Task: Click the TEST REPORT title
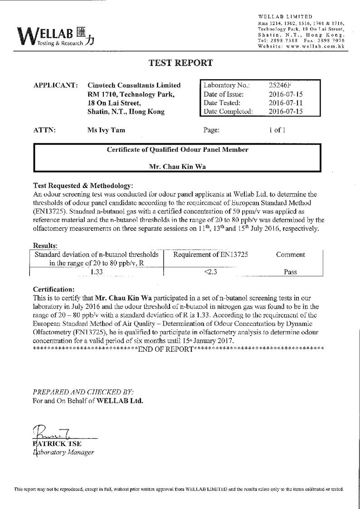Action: click(x=180, y=63)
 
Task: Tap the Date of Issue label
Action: click(x=224, y=94)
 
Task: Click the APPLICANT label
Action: click(x=55, y=85)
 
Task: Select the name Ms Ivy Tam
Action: click(x=106, y=130)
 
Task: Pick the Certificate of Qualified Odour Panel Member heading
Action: click(x=177, y=150)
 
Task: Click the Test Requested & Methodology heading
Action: click(x=83, y=186)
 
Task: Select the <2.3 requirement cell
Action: click(x=210, y=272)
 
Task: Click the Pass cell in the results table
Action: click(x=290, y=272)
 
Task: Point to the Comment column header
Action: click(x=290, y=255)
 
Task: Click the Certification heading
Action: click(x=54, y=289)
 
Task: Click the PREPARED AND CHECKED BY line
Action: click(x=83, y=391)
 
